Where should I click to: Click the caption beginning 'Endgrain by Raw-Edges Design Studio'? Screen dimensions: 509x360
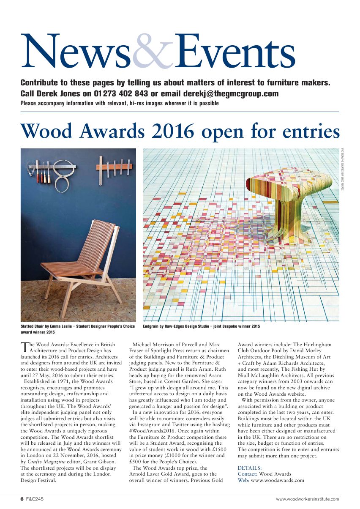201,326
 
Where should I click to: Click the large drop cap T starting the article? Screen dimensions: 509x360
25,347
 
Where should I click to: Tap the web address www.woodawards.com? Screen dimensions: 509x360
277,480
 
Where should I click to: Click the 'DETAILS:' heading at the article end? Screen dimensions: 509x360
250,468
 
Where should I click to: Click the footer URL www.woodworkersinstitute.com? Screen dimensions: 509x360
307,499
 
